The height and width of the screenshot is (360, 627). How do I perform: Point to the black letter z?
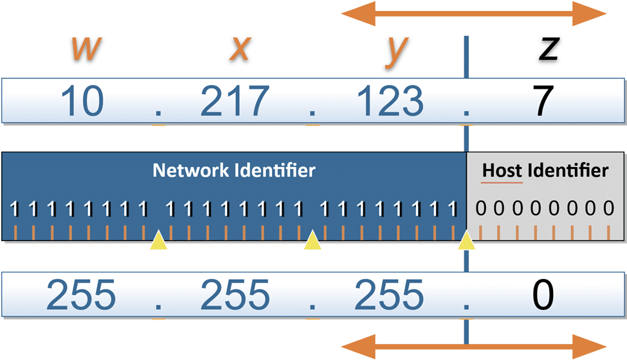coord(548,50)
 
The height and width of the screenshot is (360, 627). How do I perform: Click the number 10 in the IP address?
coord(83,101)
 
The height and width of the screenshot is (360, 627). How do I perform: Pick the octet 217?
coord(235,101)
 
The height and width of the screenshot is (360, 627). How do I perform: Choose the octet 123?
coord(390,101)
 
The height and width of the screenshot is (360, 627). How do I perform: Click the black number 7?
coord(544,101)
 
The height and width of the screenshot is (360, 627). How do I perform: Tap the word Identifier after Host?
coord(567,170)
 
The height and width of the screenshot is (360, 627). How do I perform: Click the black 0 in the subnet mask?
coord(543,295)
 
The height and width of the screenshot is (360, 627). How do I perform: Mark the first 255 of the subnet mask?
coord(82,295)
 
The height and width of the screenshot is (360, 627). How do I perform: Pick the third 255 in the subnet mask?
coord(390,295)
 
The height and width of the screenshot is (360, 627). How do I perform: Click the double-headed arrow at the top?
coord(473,13)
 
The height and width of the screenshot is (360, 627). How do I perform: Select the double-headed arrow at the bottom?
coord(473,346)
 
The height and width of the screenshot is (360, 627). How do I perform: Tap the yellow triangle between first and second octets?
coord(158,241)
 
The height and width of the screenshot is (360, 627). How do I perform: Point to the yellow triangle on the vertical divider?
coord(467,241)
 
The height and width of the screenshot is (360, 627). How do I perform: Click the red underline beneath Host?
coord(503,183)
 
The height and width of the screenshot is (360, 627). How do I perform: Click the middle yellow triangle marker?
coord(313,241)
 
